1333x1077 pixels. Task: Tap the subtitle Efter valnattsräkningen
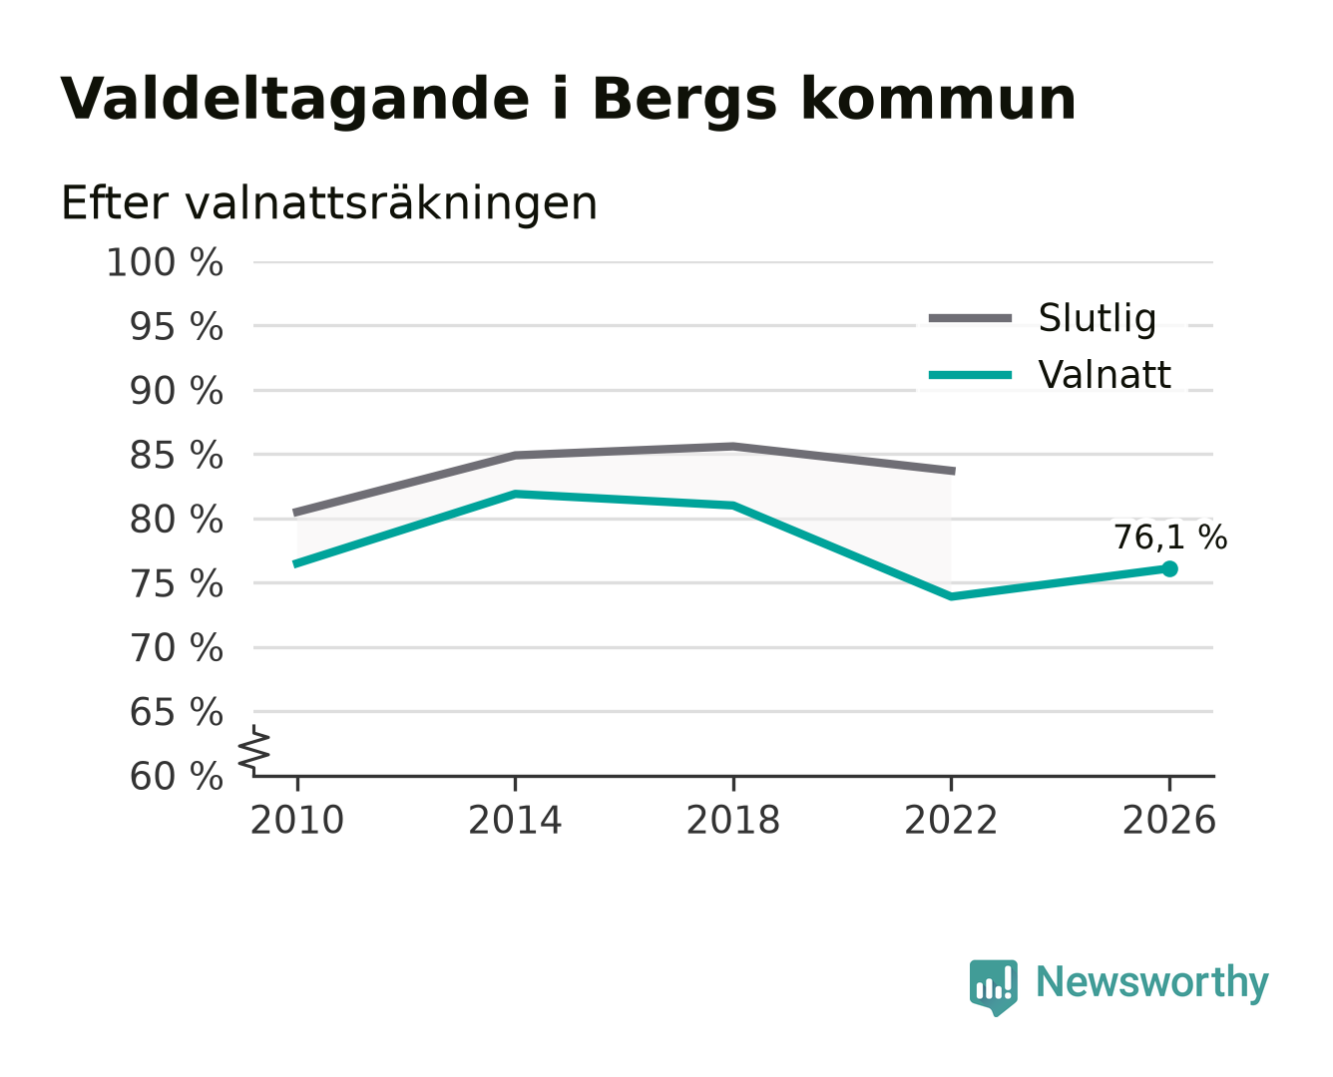[329, 203]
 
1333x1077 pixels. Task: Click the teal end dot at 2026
[1169, 568]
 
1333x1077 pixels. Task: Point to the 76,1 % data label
[1170, 538]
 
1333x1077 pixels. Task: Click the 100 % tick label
[165, 262]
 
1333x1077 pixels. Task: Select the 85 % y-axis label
[176, 455]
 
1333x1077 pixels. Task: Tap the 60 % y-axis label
[176, 777]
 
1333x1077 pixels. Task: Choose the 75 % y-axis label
[176, 584]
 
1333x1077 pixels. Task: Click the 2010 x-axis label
[297, 820]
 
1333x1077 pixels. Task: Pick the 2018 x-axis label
[732, 820]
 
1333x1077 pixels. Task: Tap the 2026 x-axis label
[1169, 820]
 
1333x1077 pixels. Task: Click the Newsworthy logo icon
[993, 987]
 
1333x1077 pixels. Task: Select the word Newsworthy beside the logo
[1152, 982]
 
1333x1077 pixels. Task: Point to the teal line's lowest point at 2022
[951, 596]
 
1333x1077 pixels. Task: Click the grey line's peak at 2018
[732, 446]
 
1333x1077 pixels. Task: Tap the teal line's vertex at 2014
[515, 494]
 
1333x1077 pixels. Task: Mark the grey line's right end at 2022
[953, 471]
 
